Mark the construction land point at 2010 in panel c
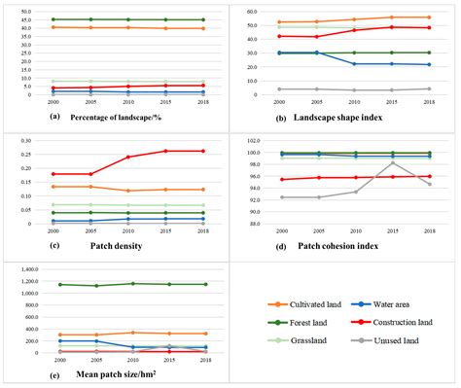pyautogui.click(x=127, y=157)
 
